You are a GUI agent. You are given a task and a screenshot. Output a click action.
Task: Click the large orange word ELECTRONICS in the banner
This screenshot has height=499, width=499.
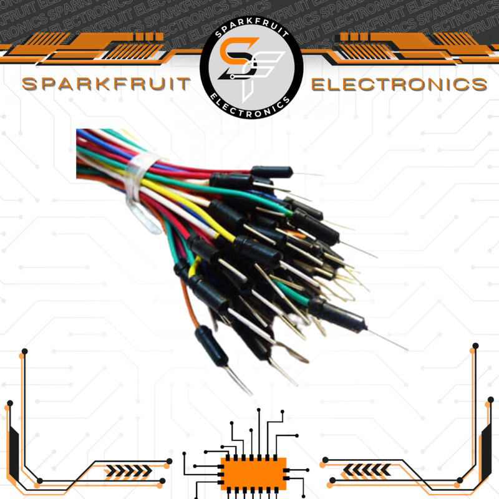click(399, 84)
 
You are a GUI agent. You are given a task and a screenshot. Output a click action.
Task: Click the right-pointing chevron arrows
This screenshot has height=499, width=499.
click(128, 470)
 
